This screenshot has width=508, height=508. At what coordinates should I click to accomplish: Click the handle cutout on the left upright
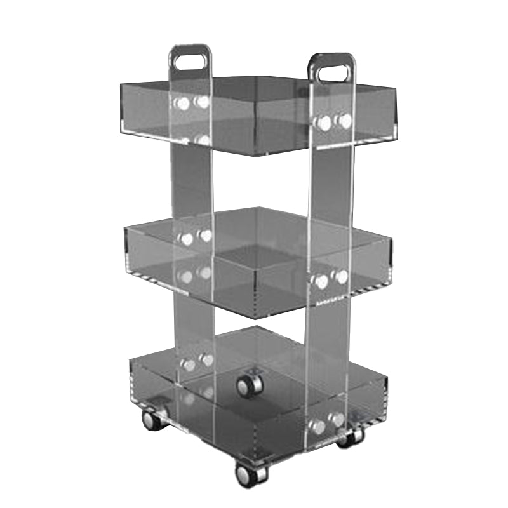[x=190, y=62]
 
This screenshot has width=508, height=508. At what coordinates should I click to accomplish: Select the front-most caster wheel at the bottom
[x=244, y=473]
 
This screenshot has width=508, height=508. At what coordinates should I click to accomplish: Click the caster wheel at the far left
[x=151, y=420]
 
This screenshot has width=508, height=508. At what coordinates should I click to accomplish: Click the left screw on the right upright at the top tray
[x=325, y=123]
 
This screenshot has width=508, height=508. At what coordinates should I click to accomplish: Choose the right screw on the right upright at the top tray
[x=344, y=121]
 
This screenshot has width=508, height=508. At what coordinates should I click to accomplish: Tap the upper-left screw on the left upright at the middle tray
[x=186, y=239]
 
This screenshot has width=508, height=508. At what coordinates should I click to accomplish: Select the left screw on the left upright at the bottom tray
[x=188, y=364]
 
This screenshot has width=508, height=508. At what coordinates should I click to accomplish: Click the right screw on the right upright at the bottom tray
[x=338, y=420]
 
